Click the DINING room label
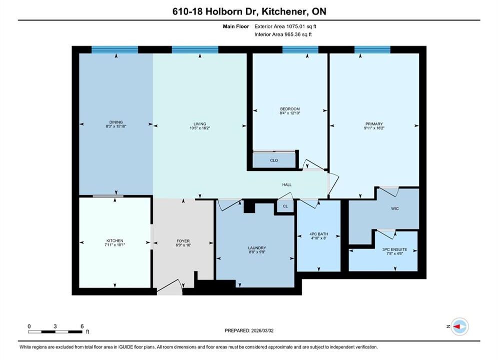click(x=116, y=122)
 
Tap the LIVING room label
click(x=200, y=124)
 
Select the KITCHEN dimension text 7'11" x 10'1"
click(x=115, y=245)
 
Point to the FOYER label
click(x=183, y=241)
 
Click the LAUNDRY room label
click(x=257, y=248)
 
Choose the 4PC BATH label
click(x=318, y=234)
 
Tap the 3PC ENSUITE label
click(x=394, y=249)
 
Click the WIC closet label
click(x=395, y=208)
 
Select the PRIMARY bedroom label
click(x=374, y=124)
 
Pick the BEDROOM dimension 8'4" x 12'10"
click(x=290, y=113)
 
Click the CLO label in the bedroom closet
click(x=274, y=160)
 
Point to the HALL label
click(x=287, y=184)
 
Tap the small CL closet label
click(x=285, y=206)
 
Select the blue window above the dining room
click(x=115, y=49)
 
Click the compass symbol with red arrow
click(x=459, y=326)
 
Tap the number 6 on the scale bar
click(x=82, y=326)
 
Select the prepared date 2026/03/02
click(x=262, y=330)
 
